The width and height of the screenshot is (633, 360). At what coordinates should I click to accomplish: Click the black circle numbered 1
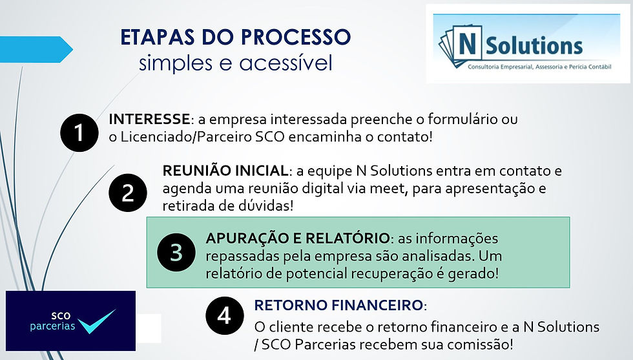point(79,132)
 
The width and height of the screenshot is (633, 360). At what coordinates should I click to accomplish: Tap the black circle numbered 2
point(128,193)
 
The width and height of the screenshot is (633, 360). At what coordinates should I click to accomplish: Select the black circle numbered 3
point(176,252)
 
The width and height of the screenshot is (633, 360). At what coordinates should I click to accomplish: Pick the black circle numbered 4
point(225,315)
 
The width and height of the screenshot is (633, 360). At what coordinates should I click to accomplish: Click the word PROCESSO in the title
point(296,37)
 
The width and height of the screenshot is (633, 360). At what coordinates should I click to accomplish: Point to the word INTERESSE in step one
point(149,119)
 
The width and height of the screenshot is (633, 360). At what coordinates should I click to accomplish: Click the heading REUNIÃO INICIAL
point(225,170)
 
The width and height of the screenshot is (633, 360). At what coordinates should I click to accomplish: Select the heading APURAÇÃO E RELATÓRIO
point(298,238)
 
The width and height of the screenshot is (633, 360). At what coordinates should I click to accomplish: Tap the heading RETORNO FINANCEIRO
point(338,305)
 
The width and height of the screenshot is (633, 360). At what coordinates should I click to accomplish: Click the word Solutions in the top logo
point(534,46)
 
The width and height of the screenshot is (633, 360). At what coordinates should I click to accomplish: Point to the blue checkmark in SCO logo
point(96,321)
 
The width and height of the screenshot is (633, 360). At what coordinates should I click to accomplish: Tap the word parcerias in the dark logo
point(52,326)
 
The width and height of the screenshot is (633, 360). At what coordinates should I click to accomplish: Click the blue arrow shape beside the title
point(36,49)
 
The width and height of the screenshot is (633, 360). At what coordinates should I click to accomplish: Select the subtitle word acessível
point(285,63)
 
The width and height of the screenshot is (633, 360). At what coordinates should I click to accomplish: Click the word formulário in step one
point(462,119)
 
